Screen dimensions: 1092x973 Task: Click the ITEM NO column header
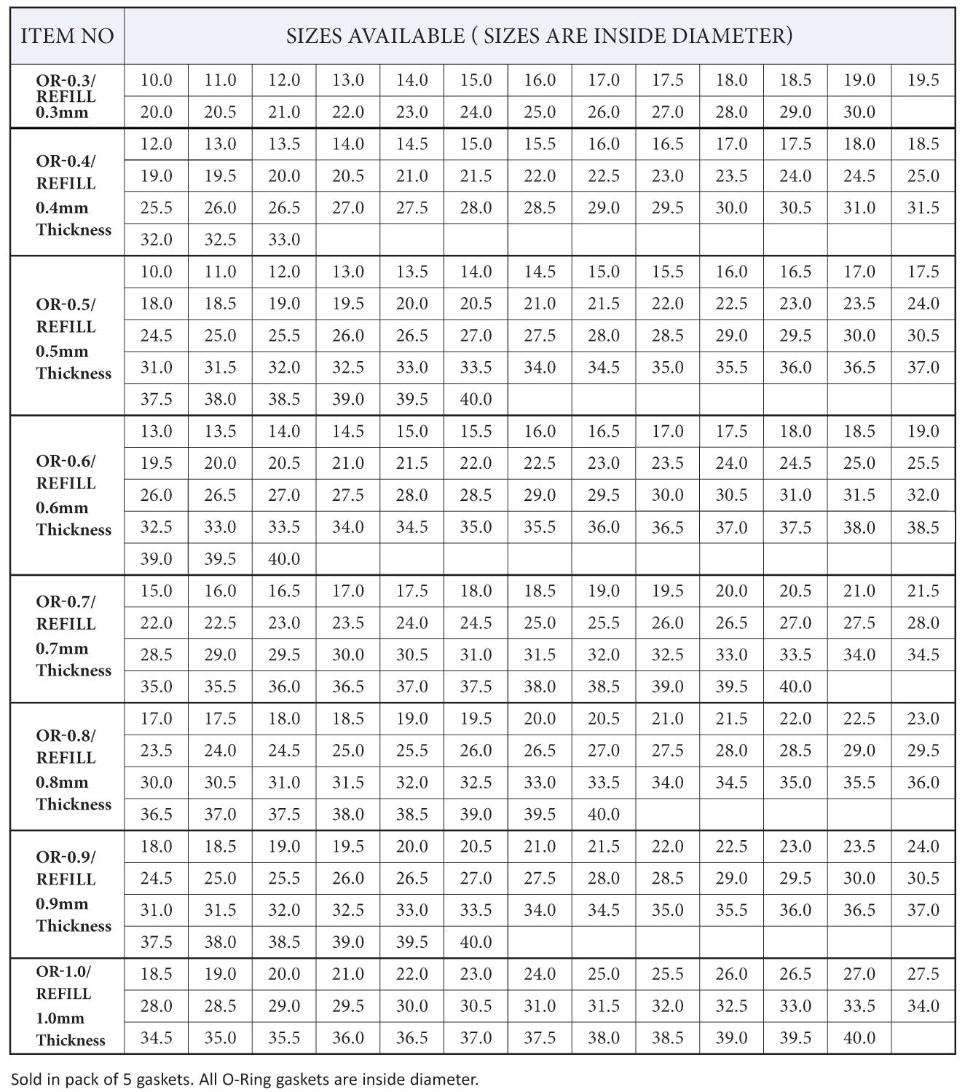pyautogui.click(x=67, y=36)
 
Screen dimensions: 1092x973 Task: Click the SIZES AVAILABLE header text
pyautogui.click(x=539, y=36)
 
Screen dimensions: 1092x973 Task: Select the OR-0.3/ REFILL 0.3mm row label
pyautogui.click(x=66, y=96)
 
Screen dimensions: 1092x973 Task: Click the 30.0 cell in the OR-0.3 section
pyautogui.click(x=859, y=112)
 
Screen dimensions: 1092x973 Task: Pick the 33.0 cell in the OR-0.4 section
pyautogui.click(x=284, y=240)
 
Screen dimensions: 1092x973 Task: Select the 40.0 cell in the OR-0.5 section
pyautogui.click(x=476, y=399)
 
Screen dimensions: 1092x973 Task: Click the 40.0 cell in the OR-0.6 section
pyautogui.click(x=284, y=559)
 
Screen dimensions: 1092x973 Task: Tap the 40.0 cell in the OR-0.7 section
pyautogui.click(x=795, y=687)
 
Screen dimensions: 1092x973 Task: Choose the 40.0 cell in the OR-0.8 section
pyautogui.click(x=604, y=814)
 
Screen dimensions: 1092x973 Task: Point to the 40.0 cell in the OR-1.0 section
pyautogui.click(x=859, y=1037)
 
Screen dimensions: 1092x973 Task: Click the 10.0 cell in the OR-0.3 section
pyautogui.click(x=157, y=80)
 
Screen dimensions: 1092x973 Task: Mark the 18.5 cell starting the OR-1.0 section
pyautogui.click(x=157, y=974)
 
